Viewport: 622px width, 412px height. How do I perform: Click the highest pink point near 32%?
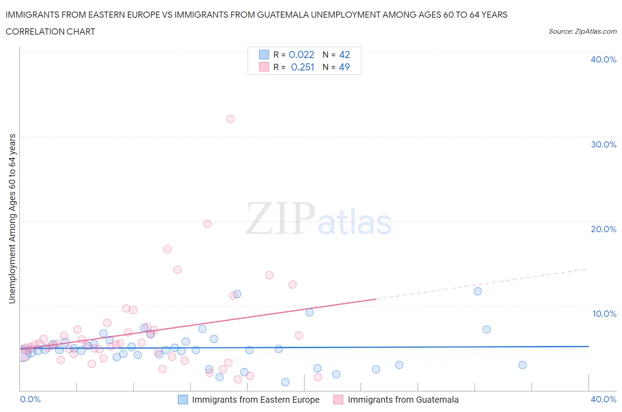pos(230,119)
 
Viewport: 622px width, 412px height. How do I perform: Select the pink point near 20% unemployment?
pos(207,224)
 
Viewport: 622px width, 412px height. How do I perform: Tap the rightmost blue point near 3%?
pos(522,365)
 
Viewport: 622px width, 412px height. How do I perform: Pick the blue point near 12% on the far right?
pos(478,291)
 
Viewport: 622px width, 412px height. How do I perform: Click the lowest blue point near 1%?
pos(285,382)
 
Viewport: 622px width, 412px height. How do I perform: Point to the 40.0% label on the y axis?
pos(603,59)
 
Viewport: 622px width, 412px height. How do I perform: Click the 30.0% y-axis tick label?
pos(603,144)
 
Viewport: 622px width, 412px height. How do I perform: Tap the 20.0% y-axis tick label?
pos(603,229)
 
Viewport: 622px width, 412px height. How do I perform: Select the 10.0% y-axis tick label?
pos(603,314)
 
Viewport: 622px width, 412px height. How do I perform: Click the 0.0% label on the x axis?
pos(30,399)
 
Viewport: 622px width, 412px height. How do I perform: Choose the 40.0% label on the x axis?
pos(603,399)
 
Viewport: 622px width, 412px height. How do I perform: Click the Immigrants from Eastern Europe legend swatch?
pos(183,400)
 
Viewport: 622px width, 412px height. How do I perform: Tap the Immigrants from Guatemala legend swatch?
pos(338,400)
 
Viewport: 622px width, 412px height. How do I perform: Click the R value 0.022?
pos(301,54)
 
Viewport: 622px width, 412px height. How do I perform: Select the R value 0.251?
pos(303,67)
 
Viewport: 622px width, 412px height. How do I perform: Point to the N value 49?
pos(344,67)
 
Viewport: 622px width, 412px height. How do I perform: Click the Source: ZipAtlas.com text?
pos(582,31)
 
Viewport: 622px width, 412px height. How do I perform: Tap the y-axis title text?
pos(12,218)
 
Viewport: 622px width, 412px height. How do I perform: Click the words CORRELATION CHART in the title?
pos(50,31)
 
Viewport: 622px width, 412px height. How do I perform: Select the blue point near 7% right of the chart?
pos(487,329)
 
